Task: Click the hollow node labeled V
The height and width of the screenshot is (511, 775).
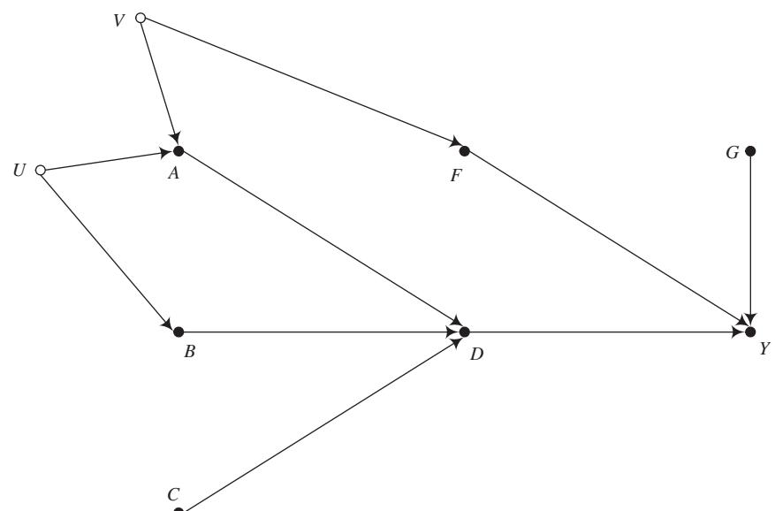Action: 140,17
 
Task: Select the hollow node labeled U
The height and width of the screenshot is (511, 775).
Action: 40,170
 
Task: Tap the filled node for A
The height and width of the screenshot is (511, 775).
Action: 179,150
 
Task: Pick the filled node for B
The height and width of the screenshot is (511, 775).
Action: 179,332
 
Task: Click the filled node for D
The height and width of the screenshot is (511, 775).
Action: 464,332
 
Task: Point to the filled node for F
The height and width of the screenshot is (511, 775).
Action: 464,150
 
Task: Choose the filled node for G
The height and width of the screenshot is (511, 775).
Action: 750,150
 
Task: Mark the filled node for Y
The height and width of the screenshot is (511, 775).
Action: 750,332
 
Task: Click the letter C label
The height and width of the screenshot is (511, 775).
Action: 173,493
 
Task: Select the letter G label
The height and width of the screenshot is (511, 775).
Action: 733,152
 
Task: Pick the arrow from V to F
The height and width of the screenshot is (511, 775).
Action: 301,83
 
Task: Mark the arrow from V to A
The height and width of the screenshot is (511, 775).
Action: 159,83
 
